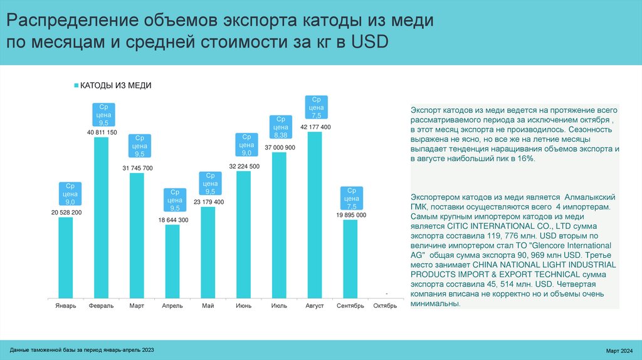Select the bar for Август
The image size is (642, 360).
(314, 214)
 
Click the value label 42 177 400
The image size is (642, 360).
(315, 127)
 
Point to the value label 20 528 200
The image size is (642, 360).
(66, 213)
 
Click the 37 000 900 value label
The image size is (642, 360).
(280, 147)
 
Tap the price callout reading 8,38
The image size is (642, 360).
(280, 127)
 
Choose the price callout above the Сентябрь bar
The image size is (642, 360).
(351, 199)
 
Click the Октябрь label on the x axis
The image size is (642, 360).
(385, 306)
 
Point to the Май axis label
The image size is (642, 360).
(208, 306)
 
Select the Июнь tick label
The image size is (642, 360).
(244, 306)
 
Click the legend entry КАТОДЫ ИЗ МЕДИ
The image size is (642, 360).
(116, 85)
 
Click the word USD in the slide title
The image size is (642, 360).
(369, 42)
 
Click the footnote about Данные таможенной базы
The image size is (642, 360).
(82, 349)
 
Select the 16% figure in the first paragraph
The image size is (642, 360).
(525, 159)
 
